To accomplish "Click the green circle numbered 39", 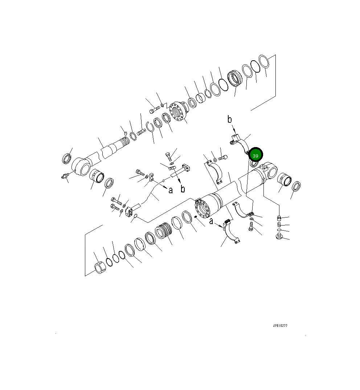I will click(255, 155).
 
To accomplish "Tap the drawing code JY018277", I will click(280, 326).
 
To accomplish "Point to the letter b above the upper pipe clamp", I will click(229, 119).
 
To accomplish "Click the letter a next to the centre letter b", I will click(170, 190).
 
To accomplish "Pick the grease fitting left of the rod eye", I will click(65, 176).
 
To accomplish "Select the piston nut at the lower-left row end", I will click(99, 268).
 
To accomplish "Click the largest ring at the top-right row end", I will click(264, 61).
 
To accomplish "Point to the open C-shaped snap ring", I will click(150, 127).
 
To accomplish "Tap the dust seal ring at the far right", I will click(296, 186).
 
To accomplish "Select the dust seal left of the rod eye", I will click(66, 158).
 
